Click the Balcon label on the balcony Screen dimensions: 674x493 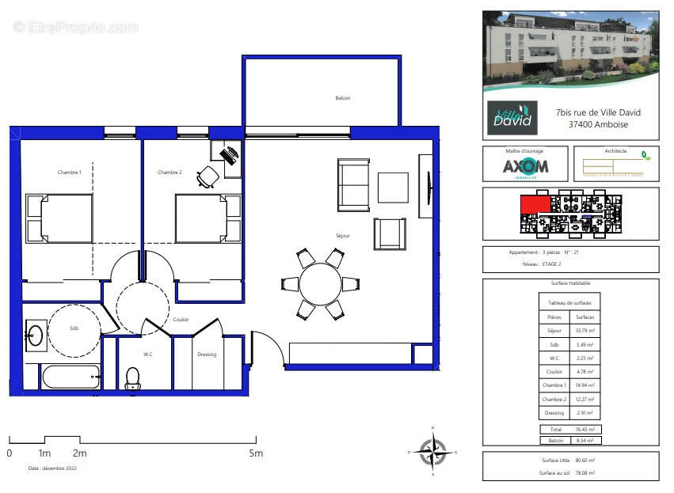342,98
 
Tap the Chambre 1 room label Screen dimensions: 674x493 69,172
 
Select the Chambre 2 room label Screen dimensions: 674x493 169,172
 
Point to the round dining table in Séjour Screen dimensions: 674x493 320,283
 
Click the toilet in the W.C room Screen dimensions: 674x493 133,379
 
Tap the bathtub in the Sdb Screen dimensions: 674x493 70,377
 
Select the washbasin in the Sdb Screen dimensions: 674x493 35,336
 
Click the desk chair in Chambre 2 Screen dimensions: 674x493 208,176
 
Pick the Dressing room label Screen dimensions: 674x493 207,355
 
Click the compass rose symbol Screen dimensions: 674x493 432,451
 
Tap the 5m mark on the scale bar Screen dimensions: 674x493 257,453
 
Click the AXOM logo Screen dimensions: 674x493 525,167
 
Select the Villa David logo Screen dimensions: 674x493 512,118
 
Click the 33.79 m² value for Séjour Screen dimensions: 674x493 585,331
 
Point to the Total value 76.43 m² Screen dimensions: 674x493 585,429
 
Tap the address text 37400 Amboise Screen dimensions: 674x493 598,124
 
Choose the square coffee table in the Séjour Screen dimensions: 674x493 393,188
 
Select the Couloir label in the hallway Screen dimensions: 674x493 181,320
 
